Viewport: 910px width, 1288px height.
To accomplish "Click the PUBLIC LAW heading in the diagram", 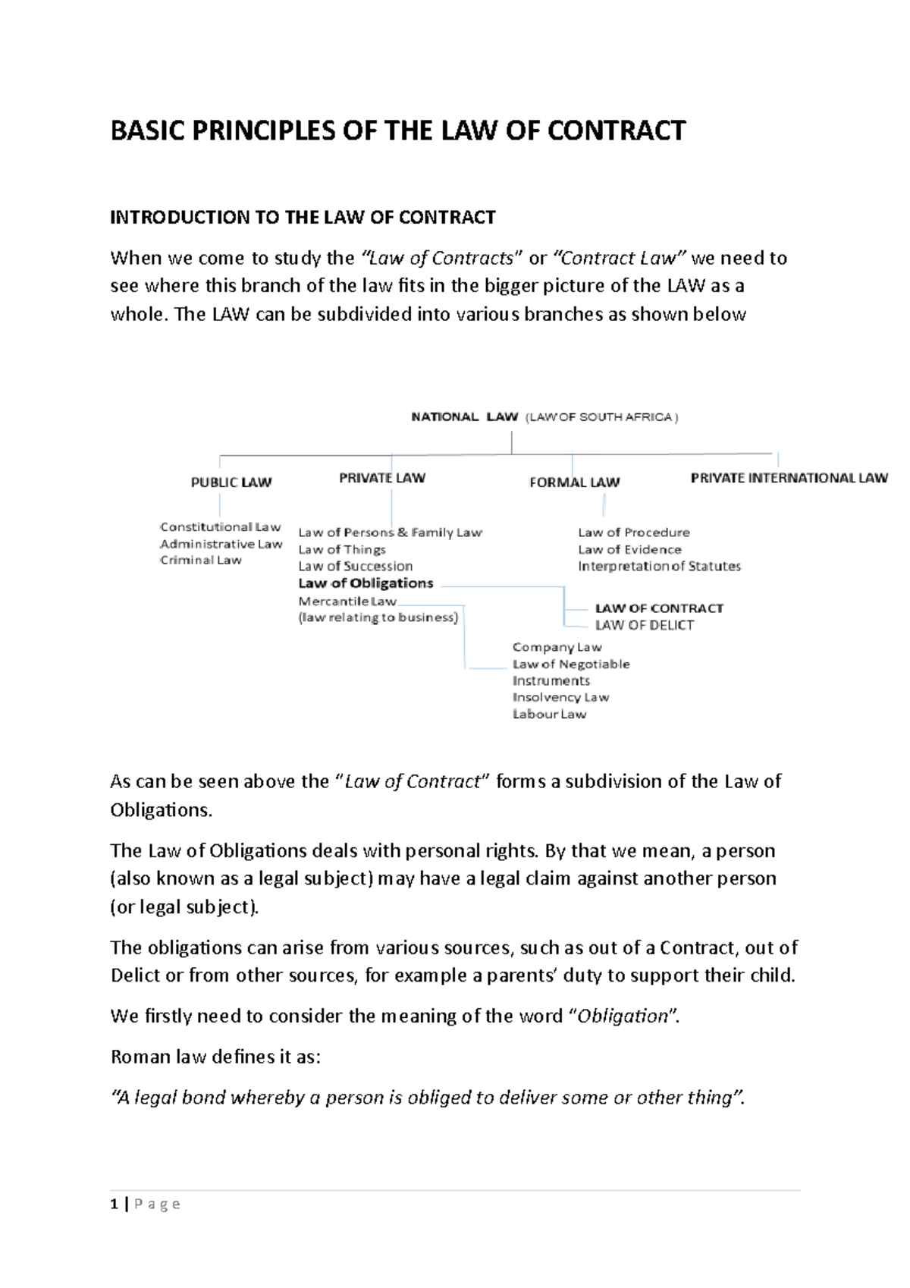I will point(231,482).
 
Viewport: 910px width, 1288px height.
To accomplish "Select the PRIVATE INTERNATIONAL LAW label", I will point(789,478).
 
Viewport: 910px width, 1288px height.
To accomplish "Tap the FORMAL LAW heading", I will point(574,482).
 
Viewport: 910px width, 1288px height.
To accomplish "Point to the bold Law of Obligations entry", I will point(366,583).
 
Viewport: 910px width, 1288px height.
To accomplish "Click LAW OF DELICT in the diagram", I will point(644,625).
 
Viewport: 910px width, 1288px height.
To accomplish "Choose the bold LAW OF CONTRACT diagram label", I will point(659,608).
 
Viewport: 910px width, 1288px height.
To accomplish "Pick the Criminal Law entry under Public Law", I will point(201,561).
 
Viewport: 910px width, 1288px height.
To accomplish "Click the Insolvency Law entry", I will point(560,697).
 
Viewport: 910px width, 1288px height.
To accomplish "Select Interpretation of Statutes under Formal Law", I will point(659,566).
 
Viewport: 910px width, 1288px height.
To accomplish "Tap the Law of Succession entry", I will point(355,567).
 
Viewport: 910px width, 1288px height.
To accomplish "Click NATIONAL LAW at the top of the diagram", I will point(464,417).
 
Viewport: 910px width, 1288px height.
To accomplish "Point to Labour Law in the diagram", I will point(549,715).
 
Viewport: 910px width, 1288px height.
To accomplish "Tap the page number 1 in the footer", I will point(115,1204).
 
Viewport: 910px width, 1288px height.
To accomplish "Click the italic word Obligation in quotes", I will point(623,1016).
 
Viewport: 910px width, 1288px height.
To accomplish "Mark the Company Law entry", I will point(557,647).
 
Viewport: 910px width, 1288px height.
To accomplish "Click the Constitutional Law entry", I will point(220,527).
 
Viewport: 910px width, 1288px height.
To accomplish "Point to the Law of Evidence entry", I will point(629,550).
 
